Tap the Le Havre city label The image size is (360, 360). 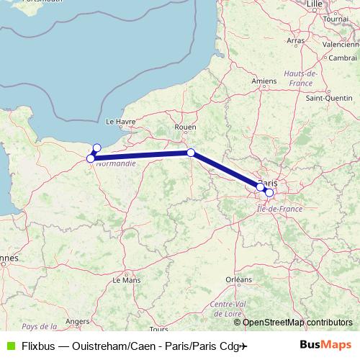point(120,122)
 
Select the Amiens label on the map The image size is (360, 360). point(264,81)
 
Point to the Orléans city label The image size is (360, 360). point(238,279)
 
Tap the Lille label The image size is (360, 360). point(315,4)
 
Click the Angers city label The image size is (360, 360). point(77,321)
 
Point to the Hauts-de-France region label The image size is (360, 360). point(301,78)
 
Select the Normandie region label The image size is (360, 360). point(115,163)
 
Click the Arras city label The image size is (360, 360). point(296,42)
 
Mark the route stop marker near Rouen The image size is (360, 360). point(191,153)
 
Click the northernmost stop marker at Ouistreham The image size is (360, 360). point(97,148)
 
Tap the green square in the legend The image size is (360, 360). point(9,346)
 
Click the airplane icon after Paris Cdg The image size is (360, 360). point(243,346)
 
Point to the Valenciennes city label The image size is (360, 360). point(341,44)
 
